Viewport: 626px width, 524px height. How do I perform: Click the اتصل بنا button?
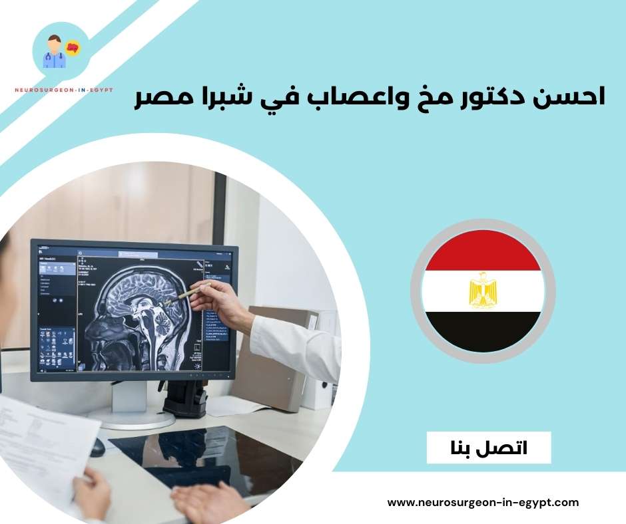pyautogui.click(x=489, y=448)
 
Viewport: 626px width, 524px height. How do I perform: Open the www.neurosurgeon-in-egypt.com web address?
pyautogui.click(x=483, y=503)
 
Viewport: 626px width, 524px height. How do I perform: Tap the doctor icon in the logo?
pyautogui.click(x=53, y=53)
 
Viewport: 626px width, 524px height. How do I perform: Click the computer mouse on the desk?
pyautogui.click(x=97, y=446)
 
